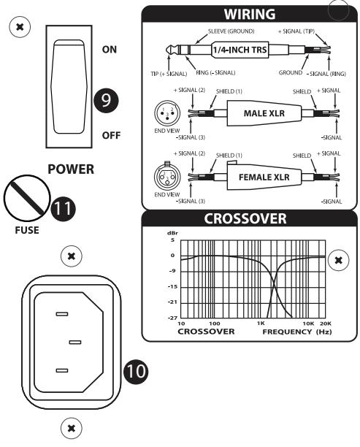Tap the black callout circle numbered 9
point(109,101)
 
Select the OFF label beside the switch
point(110,136)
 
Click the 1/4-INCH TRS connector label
point(237,50)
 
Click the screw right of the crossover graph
point(337,260)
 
